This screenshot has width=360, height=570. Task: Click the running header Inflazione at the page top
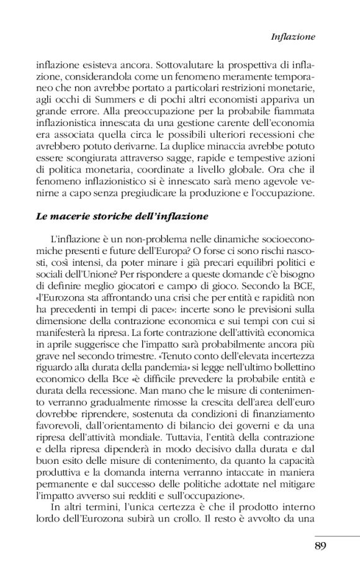294,37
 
